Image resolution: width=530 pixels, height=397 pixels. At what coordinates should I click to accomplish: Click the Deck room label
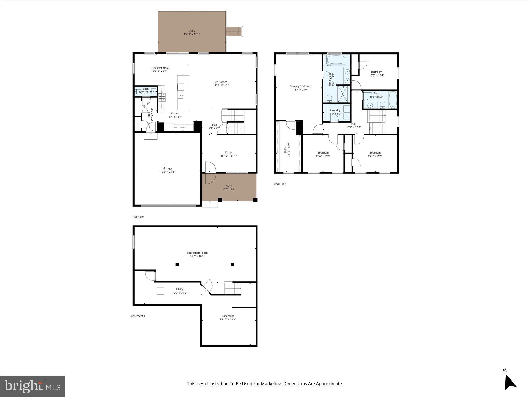[x=192, y=31]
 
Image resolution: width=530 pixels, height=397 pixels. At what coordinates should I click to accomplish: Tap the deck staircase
[x=234, y=32]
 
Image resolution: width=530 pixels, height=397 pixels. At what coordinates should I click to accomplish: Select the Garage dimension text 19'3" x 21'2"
[x=167, y=172]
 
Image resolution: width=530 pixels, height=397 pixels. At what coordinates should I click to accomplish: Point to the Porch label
[x=229, y=186]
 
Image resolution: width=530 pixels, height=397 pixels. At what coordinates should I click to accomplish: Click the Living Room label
[x=222, y=82]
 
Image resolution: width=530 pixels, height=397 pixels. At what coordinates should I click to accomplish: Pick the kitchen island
[x=183, y=92]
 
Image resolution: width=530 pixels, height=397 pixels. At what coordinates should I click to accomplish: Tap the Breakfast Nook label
[x=160, y=68]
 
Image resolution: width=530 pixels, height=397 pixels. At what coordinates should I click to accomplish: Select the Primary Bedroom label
[x=300, y=86]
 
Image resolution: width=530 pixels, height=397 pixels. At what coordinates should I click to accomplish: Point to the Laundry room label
[x=335, y=110]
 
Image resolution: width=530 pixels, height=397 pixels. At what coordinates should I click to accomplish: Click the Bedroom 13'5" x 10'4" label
[x=377, y=72]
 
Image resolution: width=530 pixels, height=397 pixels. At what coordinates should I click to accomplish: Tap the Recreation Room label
[x=197, y=253]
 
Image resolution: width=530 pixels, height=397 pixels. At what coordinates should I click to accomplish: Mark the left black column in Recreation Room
[x=177, y=264]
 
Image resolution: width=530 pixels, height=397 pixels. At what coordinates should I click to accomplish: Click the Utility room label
[x=180, y=289]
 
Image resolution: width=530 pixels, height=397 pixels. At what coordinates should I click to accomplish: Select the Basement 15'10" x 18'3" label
[x=228, y=316]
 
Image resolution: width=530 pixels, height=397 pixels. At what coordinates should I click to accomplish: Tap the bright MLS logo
[x=32, y=386]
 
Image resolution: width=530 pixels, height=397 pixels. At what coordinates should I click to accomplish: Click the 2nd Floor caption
[x=280, y=184]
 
